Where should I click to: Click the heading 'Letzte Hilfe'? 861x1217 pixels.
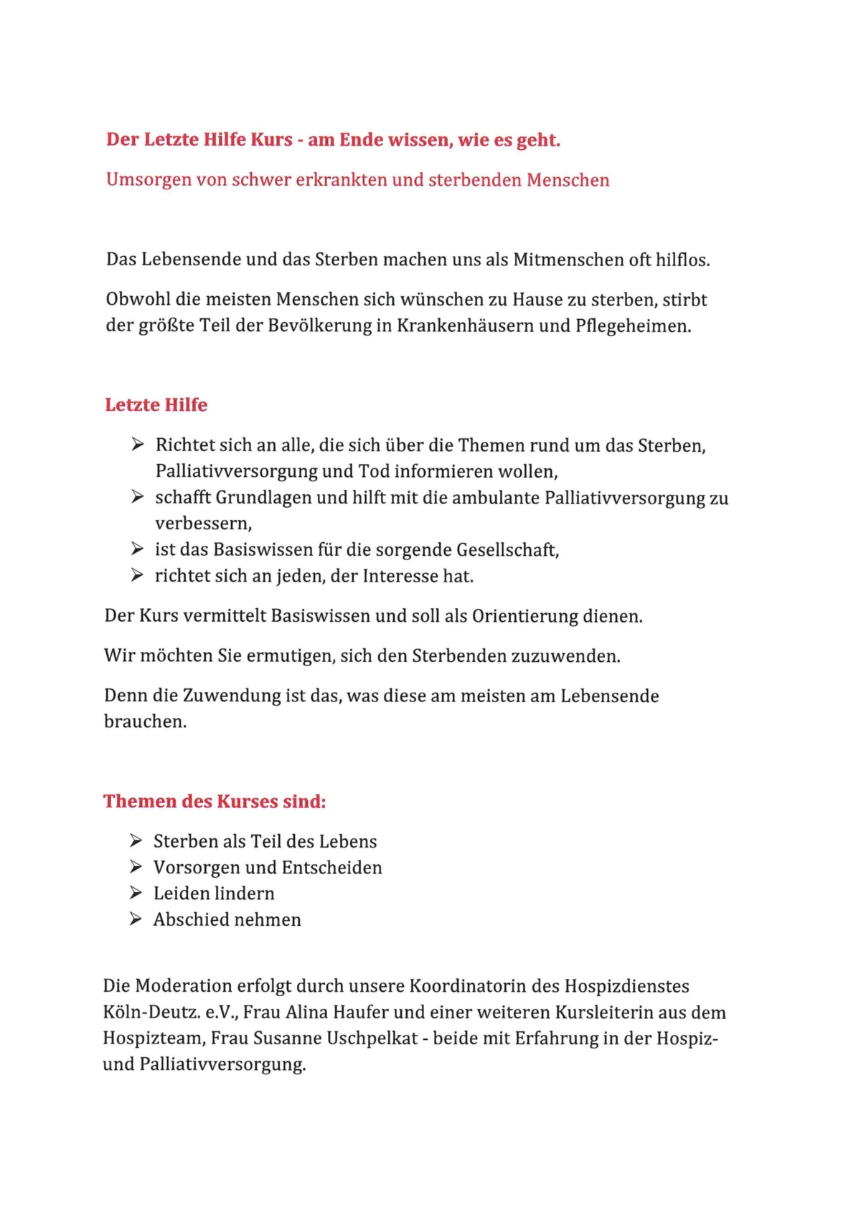click(x=156, y=405)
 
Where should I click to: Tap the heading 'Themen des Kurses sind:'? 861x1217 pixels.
click(x=215, y=801)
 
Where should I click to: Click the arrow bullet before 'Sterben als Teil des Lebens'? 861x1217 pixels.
click(x=136, y=840)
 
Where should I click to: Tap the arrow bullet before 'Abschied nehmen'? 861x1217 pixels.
click(x=136, y=919)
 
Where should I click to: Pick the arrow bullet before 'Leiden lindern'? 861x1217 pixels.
click(x=136, y=893)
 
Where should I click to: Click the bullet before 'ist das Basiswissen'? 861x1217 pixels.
click(x=138, y=549)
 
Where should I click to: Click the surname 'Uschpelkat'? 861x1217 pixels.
click(x=372, y=1038)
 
